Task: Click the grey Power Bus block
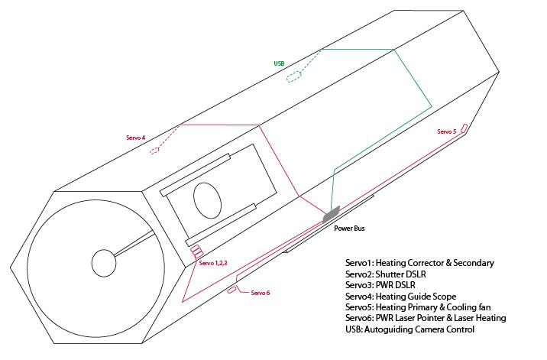(331, 214)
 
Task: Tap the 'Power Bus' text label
(349, 229)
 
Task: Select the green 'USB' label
(279, 63)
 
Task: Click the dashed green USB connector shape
(293, 76)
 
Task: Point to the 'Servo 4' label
(136, 138)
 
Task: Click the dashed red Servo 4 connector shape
(154, 151)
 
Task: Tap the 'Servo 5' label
(447, 131)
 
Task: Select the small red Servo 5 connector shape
(464, 128)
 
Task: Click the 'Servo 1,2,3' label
(213, 263)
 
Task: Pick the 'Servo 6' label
(261, 293)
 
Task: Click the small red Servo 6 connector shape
(231, 290)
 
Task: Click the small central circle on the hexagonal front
(104, 263)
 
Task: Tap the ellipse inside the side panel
(208, 200)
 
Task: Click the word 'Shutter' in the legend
(388, 274)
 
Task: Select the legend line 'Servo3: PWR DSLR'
(380, 285)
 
